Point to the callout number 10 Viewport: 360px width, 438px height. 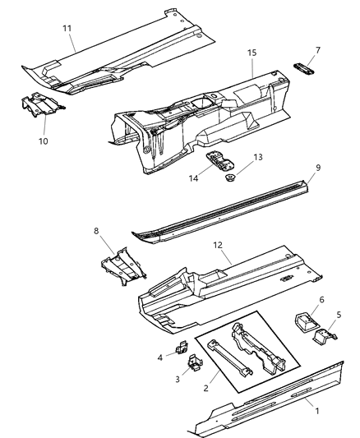click(43, 141)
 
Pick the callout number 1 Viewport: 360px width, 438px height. click(307, 403)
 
